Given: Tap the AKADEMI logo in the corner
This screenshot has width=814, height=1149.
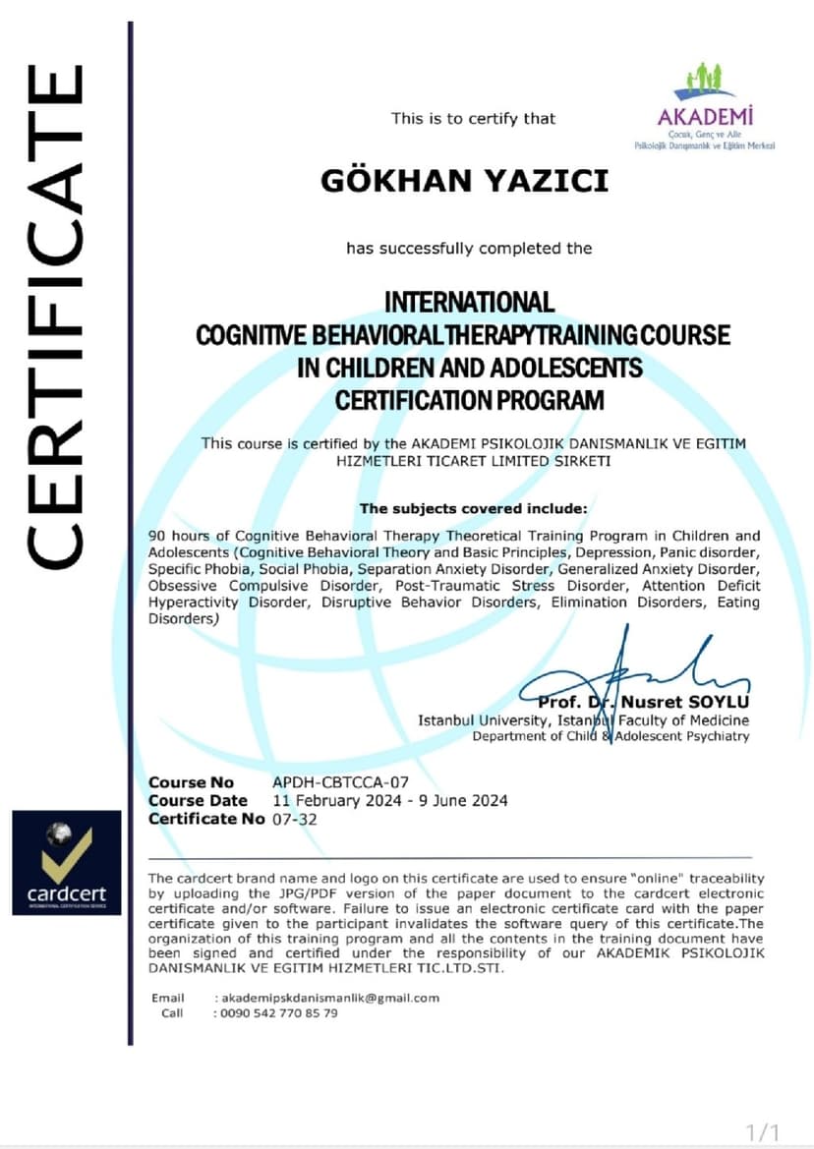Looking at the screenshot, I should [x=705, y=108].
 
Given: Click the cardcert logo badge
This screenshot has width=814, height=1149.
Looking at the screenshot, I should [x=67, y=862].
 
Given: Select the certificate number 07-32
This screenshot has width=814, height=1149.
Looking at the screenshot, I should [x=295, y=819].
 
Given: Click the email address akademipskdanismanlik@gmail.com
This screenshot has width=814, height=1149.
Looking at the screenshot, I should [x=327, y=998].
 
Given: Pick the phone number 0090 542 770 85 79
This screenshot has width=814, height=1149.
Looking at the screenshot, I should [x=276, y=1012].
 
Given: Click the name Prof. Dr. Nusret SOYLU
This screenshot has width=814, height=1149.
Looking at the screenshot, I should [x=643, y=702].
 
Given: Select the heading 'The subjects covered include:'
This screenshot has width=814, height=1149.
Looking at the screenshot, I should [x=472, y=508].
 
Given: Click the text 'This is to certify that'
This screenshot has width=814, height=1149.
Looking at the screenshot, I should [x=473, y=119].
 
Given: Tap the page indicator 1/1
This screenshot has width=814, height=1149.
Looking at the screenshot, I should [x=762, y=1131].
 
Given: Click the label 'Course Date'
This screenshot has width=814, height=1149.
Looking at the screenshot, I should [x=198, y=801].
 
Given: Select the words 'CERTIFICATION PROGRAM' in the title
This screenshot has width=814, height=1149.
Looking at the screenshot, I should [x=469, y=400].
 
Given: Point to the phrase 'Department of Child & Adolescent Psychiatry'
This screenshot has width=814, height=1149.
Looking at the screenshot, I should [x=610, y=736].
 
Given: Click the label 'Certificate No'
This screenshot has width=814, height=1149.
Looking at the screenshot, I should [x=206, y=819].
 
